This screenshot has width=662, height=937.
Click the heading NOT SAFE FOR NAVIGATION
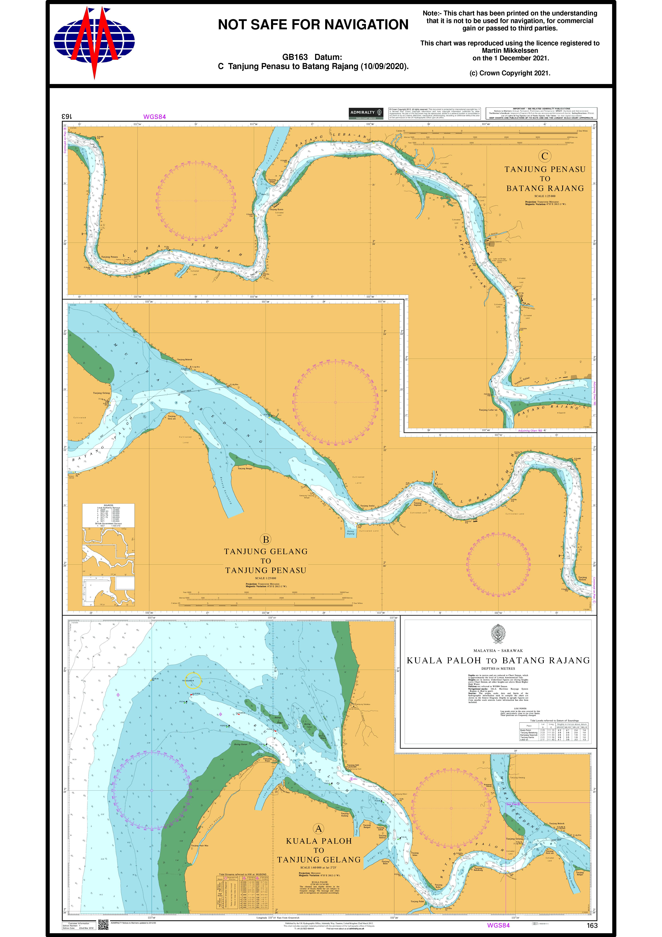coord(313,25)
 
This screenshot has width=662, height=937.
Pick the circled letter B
coord(266,540)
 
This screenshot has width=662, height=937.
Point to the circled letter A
coord(318,828)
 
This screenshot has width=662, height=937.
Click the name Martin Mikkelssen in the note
coord(510,51)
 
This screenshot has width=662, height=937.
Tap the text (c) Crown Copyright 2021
coord(510,73)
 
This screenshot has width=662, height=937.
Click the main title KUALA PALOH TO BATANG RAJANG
coord(498,660)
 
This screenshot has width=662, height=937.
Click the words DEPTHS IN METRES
coord(498,668)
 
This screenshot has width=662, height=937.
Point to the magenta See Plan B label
coord(513,804)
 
